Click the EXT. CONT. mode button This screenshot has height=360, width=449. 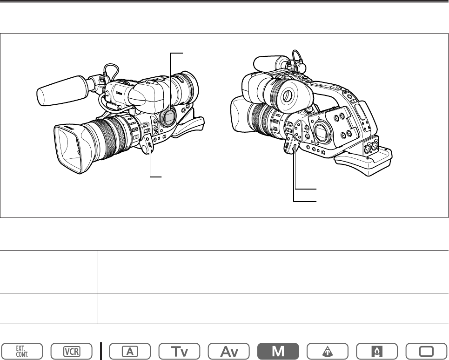point(22,351)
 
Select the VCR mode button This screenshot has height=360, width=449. point(72,351)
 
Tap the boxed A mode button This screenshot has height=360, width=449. point(130,351)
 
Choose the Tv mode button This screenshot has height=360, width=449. point(179,351)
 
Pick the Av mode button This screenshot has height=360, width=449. point(229,351)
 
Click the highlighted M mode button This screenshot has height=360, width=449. point(278,351)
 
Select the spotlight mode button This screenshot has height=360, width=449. point(328,351)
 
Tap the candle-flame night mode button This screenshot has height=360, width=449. point(377,351)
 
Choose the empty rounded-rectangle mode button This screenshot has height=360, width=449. point(426,351)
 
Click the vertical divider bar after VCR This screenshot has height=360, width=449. point(101,351)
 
